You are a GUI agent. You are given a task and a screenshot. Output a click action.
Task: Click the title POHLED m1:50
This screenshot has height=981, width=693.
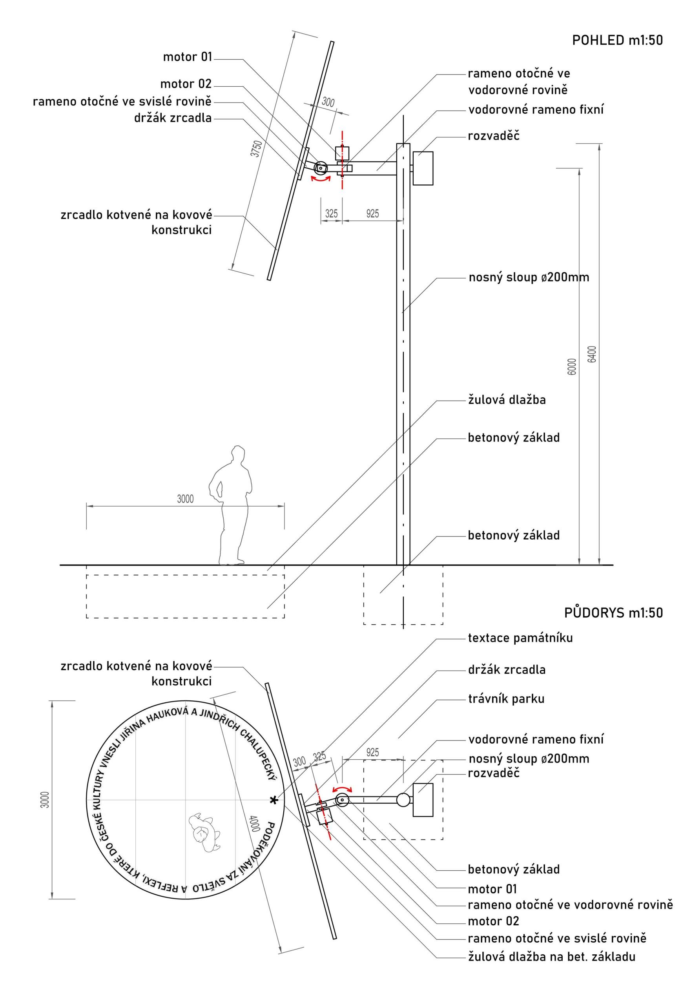click(x=617, y=40)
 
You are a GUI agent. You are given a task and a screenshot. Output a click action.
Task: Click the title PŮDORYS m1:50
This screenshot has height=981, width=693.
click(x=613, y=613)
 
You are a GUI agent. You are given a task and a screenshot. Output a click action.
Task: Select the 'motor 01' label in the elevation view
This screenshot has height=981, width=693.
click(x=188, y=57)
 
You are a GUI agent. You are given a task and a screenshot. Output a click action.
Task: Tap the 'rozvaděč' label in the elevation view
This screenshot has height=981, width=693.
click(x=494, y=136)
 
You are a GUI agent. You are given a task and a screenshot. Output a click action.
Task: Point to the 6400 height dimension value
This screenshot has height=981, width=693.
click(x=592, y=354)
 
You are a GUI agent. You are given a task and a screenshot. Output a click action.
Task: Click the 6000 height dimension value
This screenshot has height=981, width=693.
click(x=572, y=367)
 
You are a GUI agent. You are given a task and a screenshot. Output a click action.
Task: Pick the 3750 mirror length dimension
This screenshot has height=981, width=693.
click(x=256, y=148)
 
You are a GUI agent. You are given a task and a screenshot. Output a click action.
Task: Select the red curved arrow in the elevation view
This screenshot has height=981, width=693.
click(x=321, y=179)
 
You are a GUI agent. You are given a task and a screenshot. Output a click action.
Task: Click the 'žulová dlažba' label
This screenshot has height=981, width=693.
click(x=507, y=400)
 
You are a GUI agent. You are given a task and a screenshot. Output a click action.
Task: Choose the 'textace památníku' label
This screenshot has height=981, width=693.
click(x=520, y=638)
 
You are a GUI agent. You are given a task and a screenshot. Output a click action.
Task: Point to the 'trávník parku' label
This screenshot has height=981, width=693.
click(x=506, y=699)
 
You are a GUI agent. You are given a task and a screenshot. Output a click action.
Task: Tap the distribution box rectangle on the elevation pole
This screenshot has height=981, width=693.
click(x=423, y=168)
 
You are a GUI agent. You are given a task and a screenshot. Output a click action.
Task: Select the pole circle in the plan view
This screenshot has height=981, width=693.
click(x=403, y=799)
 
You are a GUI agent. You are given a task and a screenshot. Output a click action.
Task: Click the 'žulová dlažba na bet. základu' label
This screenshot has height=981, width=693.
click(x=551, y=957)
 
